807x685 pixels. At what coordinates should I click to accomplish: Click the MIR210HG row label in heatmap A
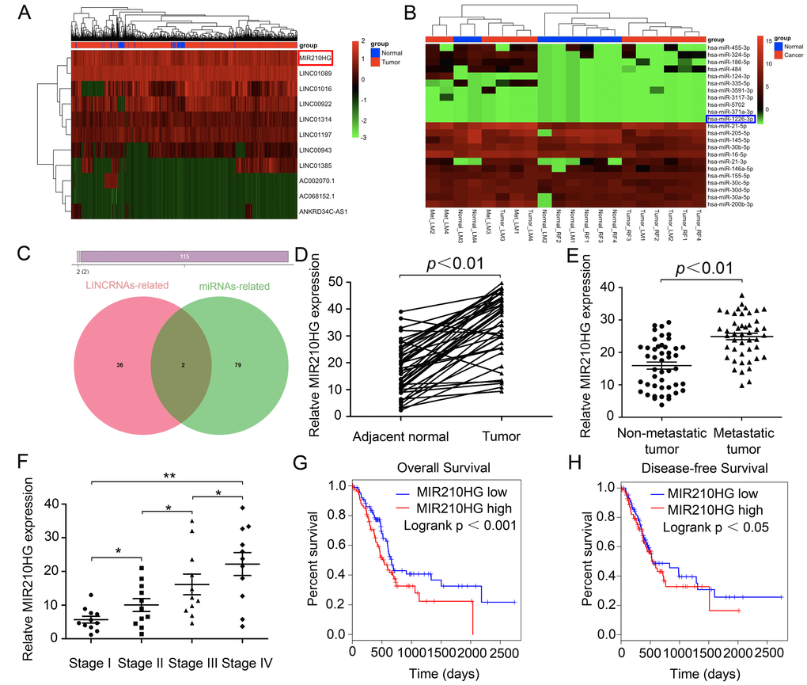click(314, 59)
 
